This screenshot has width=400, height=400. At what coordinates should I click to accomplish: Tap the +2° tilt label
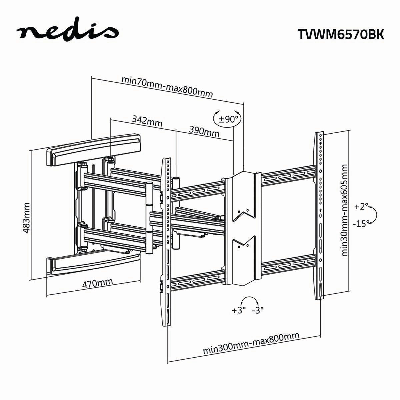point(361,207)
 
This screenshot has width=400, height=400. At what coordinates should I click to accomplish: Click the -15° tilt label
point(362,224)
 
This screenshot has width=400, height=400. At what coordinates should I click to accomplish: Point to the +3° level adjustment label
point(239,310)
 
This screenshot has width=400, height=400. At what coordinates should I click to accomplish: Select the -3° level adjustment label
point(258,310)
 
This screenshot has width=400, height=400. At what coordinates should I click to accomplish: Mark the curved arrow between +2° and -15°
point(374,215)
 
